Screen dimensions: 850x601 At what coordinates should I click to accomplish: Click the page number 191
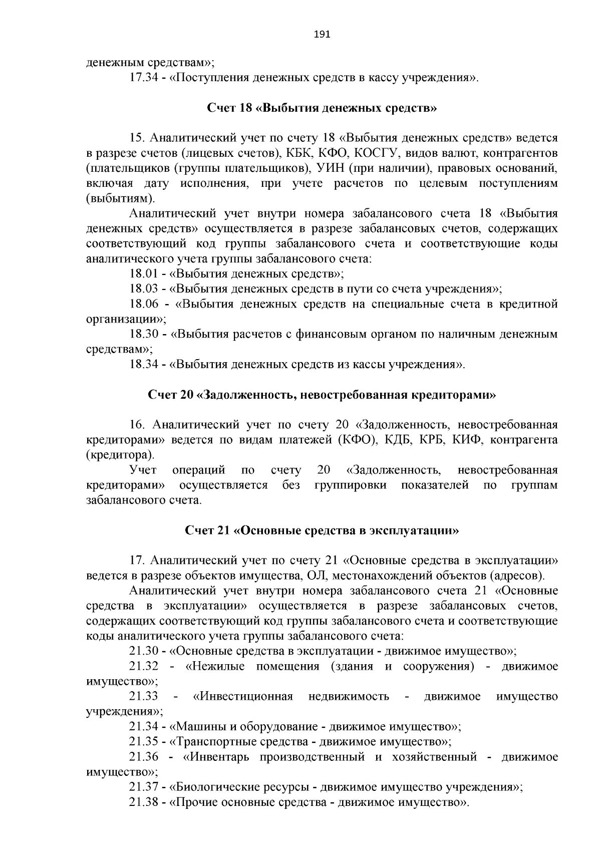[x=322, y=35]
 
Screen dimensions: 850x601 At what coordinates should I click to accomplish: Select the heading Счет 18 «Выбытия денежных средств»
[x=322, y=108]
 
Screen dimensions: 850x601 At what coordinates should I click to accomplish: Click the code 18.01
[x=144, y=274]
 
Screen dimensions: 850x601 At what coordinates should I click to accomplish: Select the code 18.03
[x=144, y=289]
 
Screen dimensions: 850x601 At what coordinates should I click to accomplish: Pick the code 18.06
[x=144, y=304]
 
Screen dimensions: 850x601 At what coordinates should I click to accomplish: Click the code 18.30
[x=144, y=334]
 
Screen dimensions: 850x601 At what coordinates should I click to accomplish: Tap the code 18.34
[x=144, y=364]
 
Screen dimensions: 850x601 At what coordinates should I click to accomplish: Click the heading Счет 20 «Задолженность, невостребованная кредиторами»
[x=322, y=395]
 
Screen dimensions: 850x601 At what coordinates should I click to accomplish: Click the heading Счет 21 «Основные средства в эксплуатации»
[x=322, y=531]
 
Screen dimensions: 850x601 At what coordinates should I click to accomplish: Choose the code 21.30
[x=144, y=651]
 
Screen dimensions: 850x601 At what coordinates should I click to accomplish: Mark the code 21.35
[x=144, y=742]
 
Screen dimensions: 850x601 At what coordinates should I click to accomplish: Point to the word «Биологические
[x=217, y=787]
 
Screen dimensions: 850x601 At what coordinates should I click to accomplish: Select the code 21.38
[x=144, y=802]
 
